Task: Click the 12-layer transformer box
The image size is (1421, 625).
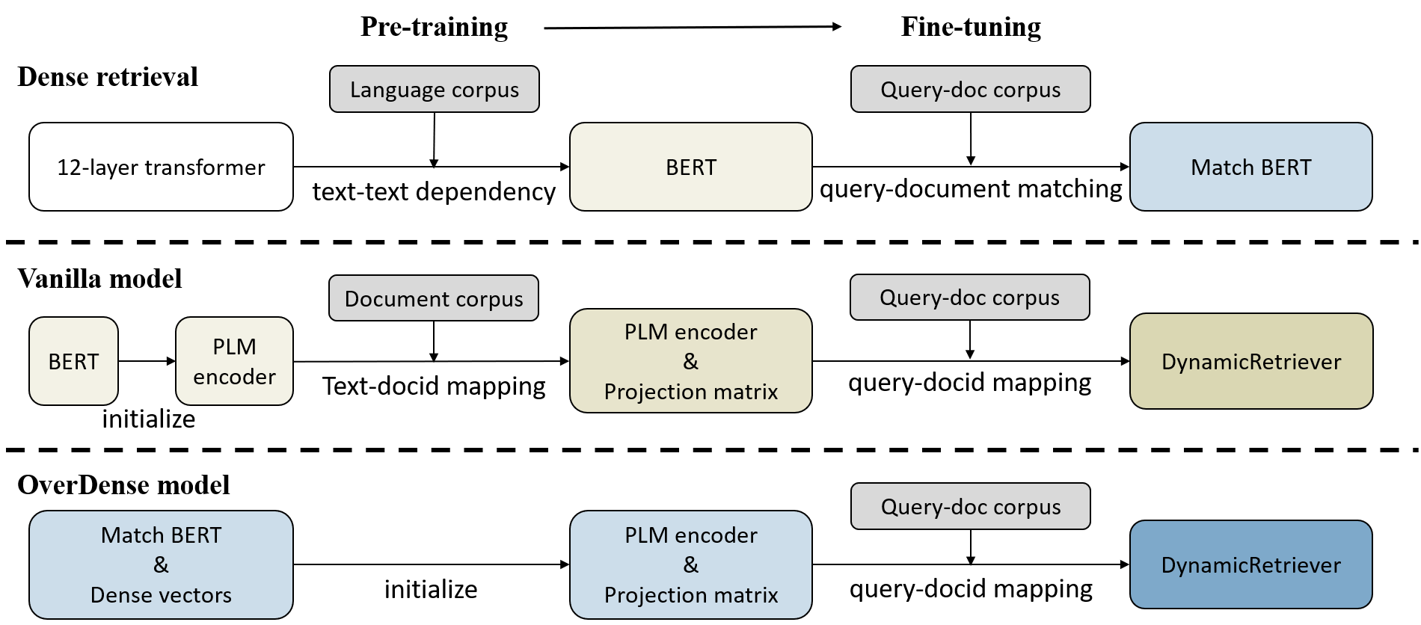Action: click(161, 167)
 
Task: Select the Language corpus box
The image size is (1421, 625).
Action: click(435, 89)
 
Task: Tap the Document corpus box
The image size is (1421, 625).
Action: click(434, 298)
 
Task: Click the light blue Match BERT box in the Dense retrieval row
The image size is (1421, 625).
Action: click(1251, 167)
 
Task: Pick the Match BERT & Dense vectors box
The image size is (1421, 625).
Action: click(161, 564)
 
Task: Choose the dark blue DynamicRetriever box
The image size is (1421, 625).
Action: click(1251, 564)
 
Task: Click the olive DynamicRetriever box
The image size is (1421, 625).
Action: click(1251, 361)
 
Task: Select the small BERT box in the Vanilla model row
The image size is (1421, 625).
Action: click(73, 361)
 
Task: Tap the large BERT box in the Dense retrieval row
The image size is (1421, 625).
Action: click(691, 167)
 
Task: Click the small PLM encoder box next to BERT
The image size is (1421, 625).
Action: click(234, 361)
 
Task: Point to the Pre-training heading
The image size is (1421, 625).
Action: click(434, 27)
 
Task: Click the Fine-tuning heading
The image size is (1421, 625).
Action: click(971, 27)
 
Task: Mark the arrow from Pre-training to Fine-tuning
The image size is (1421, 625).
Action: click(693, 27)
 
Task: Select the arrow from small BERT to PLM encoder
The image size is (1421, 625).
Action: click(147, 361)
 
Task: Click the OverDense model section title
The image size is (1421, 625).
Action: click(123, 485)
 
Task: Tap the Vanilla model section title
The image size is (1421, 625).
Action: click(99, 279)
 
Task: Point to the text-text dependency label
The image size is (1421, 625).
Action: click(434, 191)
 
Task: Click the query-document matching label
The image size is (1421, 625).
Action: click(971, 189)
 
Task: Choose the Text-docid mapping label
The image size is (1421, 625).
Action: click(434, 386)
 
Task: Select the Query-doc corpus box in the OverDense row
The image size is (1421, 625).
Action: click(971, 506)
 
